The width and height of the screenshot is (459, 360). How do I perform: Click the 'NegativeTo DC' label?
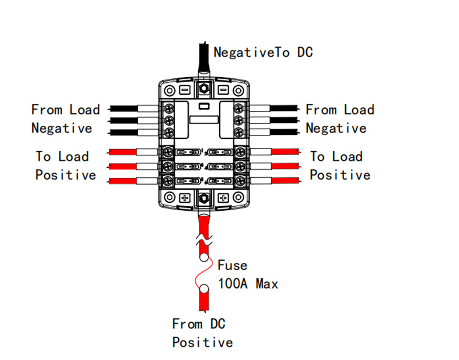263,53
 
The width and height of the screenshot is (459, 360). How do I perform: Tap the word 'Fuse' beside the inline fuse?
232,265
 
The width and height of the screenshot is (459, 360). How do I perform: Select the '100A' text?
233,283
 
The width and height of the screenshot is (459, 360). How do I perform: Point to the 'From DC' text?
199,324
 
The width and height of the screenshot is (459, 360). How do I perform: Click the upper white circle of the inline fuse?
204,258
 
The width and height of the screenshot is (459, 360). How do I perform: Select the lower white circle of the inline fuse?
204,289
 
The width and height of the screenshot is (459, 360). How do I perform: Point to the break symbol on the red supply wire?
204,239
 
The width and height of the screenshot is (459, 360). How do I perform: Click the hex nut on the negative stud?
204,88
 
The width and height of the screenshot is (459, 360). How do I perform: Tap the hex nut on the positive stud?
204,199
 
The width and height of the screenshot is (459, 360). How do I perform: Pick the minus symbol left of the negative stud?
185,90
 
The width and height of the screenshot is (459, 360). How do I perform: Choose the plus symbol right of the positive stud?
223,198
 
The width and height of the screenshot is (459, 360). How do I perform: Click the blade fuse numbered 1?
188,153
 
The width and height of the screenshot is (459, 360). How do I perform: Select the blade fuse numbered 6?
220,181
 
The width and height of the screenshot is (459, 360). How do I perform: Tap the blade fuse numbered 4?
220,167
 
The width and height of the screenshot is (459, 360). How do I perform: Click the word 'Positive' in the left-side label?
66,175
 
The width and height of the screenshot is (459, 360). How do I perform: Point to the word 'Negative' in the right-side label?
336,129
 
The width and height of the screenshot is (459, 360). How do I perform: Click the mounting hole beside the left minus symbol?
170,90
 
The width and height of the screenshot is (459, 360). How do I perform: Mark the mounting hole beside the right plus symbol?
238,198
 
